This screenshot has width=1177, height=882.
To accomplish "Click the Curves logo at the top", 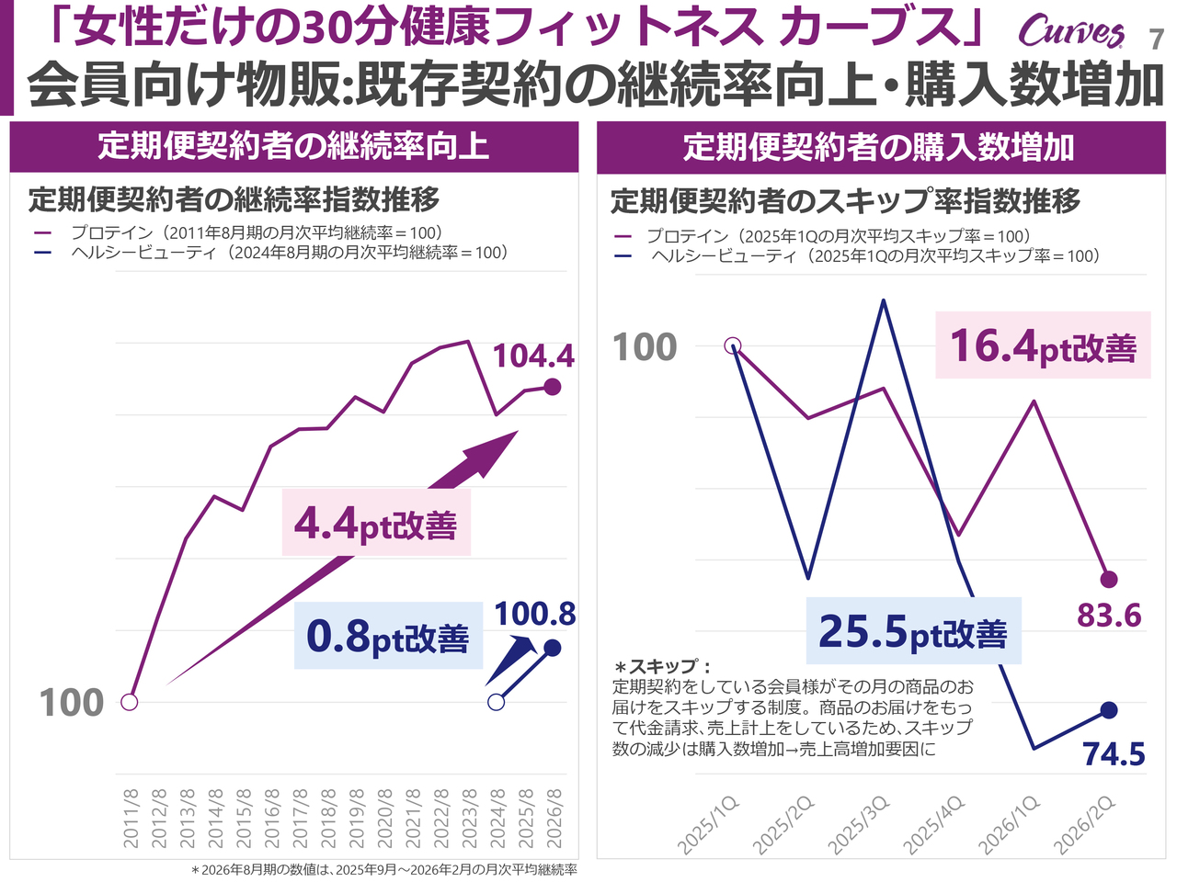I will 1071,32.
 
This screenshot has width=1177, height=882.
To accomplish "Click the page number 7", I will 1157,40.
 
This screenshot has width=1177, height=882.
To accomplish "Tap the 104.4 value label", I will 533,356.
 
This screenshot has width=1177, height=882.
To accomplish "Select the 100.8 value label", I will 535,614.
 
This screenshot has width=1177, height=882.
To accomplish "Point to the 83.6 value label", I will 1109,615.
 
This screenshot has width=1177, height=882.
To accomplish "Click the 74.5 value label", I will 1114,754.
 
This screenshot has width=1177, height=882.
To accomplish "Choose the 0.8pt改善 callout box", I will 388,636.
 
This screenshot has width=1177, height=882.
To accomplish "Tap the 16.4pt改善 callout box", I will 1043,346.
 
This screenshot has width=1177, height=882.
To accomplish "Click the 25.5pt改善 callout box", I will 913,631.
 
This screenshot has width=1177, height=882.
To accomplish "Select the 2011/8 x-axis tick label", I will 131,818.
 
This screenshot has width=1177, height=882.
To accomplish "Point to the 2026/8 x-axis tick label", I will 554,818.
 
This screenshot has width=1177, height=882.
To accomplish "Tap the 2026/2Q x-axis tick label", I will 1085,824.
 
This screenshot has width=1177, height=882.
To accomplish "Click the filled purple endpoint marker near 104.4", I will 553,387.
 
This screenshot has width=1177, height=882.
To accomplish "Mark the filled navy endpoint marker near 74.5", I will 1109,710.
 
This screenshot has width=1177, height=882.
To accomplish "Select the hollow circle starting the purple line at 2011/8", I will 130,702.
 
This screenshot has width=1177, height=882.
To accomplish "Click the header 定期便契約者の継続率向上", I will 294,147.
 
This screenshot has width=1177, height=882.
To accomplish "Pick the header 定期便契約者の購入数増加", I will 879,147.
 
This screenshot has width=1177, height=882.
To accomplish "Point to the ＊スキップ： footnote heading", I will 663,667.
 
